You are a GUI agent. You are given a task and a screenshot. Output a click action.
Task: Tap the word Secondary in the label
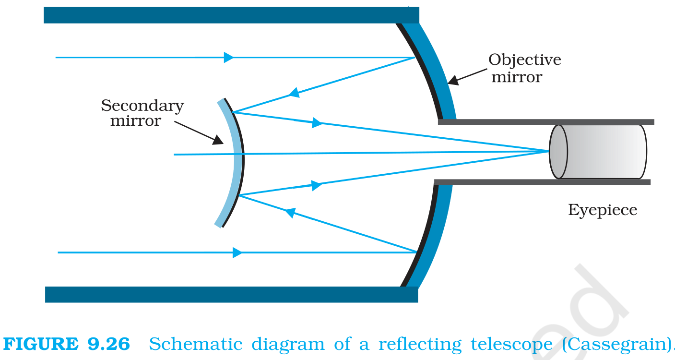[142, 106]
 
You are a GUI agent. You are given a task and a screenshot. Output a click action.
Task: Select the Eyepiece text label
[603, 210]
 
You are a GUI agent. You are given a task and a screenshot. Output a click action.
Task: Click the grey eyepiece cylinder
[598, 152]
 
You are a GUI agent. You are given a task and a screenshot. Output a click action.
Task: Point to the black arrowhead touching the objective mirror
[453, 80]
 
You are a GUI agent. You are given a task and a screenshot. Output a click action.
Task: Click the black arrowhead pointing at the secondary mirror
[218, 140]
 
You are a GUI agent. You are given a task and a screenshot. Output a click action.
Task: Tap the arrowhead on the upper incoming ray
[229, 57]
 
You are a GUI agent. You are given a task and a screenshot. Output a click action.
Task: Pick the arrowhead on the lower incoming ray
[237, 252]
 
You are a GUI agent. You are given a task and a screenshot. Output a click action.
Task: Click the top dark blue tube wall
[231, 15]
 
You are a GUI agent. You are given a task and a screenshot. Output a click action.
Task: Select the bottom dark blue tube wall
[231, 295]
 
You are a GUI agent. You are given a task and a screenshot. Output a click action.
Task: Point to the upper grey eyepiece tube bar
[546, 122]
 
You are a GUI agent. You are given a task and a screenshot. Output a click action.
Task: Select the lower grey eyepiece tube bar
[543, 182]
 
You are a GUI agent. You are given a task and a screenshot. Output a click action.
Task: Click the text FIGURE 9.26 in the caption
[67, 344]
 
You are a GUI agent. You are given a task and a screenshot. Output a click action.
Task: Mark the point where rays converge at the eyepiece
[548, 151]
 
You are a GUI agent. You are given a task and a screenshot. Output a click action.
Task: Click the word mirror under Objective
[517, 77]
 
